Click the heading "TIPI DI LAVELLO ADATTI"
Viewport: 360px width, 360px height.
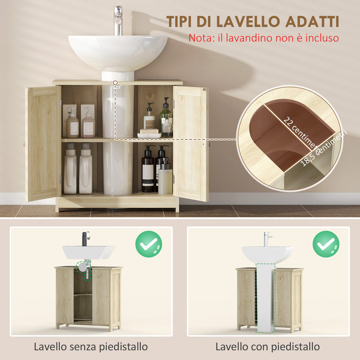coord(253,22)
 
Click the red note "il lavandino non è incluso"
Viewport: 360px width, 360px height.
coord(264,38)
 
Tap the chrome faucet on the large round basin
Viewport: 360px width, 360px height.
coord(118,20)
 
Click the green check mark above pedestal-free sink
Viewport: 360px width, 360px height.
coord(149,244)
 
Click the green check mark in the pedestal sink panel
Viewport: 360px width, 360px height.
coord(326,244)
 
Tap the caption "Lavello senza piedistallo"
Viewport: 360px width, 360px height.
coord(91,347)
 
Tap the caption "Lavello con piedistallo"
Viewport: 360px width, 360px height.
coord(268,347)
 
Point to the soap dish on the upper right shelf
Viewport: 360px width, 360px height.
coord(149,134)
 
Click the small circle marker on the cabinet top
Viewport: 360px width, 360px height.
coord(115,83)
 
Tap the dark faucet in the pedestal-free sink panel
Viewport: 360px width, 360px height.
coord(86,239)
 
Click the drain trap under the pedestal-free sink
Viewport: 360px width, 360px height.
coord(84,269)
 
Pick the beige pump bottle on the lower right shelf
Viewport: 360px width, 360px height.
coord(165,179)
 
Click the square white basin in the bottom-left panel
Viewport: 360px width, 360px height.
coord(89,252)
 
